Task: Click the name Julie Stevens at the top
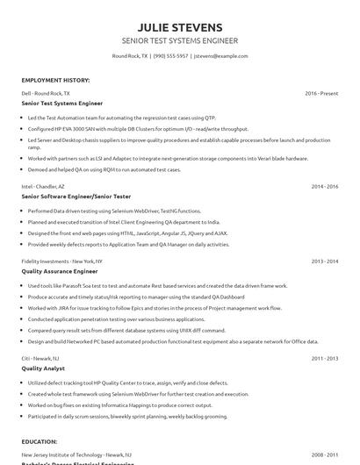click(179, 27)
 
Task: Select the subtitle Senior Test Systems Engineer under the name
click(179, 41)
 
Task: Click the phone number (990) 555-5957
click(171, 56)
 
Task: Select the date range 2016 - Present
click(321, 92)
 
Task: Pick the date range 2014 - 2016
click(324, 187)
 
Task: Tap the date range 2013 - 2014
click(324, 261)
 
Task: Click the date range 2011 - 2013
click(324, 358)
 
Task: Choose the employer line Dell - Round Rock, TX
click(46, 92)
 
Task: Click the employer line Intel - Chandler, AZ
click(43, 187)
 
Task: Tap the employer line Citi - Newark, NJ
click(40, 358)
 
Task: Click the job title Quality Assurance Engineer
click(60, 272)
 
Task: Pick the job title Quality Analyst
click(43, 368)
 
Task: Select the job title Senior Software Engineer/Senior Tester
click(77, 197)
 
